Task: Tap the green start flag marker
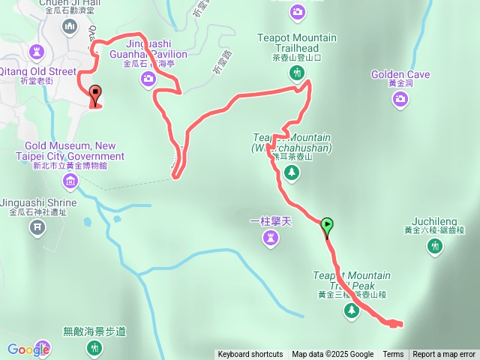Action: point(327,225)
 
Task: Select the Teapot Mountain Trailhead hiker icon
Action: point(298,73)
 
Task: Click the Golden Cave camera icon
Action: point(400,98)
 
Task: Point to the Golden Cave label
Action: point(400,75)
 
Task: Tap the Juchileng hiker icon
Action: point(435,245)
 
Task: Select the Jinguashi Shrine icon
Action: point(37,226)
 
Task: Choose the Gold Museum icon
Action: point(70,180)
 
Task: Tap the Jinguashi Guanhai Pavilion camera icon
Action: point(148,77)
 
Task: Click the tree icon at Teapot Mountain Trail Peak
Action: point(352,310)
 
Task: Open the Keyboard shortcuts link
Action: point(250,355)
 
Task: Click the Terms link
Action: point(393,355)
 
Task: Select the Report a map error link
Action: point(444,355)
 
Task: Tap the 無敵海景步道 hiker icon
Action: point(94,347)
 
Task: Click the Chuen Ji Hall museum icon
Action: point(70,28)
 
